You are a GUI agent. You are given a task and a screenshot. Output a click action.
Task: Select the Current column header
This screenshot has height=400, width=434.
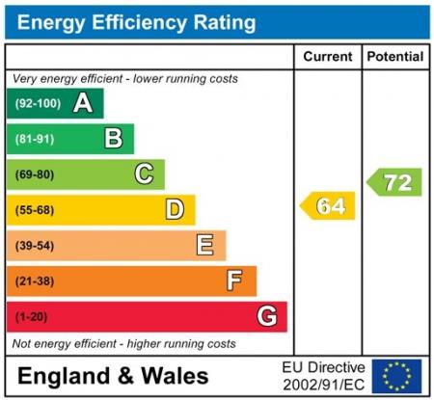point(327,57)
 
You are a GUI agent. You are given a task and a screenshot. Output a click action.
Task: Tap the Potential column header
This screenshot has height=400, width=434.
point(395,57)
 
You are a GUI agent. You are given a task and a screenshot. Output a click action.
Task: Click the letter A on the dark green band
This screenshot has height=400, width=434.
point(83,103)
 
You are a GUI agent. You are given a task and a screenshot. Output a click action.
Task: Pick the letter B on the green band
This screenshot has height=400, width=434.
point(114,139)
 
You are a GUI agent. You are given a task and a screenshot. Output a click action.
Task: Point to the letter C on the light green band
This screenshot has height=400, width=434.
point(144,174)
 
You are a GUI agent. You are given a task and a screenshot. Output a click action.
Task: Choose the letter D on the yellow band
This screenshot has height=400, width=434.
point(175,209)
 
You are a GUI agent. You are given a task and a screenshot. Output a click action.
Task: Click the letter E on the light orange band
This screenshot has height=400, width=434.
point(205,245)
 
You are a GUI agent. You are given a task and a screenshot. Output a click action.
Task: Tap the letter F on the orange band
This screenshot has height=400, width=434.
point(235,280)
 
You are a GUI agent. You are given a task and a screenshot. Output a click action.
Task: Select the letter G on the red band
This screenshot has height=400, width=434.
point(267,316)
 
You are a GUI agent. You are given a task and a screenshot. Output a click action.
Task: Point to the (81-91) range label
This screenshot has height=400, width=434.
point(35,139)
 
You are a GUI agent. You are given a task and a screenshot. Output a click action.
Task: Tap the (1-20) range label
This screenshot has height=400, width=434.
point(31,316)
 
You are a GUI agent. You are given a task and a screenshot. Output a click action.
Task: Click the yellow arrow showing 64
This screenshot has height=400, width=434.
point(328,205)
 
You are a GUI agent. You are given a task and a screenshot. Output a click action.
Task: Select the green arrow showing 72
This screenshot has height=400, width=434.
point(395,181)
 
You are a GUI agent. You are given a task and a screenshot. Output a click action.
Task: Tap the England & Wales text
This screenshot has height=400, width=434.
point(113,376)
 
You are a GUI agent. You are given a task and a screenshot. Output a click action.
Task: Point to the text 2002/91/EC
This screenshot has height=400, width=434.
point(324,385)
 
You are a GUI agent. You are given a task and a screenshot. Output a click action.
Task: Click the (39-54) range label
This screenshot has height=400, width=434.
point(35,246)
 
